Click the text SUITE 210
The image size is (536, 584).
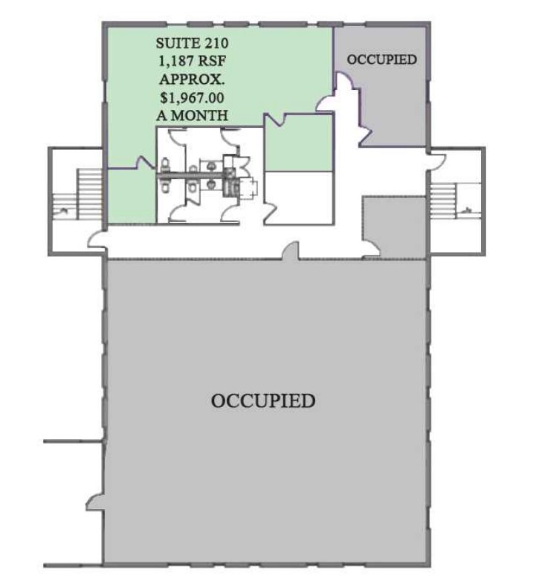coord(192,42)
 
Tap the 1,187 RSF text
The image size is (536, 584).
coord(192,61)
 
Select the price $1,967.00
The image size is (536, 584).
coord(192,97)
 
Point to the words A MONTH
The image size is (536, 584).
coord(192,115)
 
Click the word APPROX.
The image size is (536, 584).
coord(192,79)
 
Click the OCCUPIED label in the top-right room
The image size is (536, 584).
coord(381,60)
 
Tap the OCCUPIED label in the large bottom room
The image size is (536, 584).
coord(263,402)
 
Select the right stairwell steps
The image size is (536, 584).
coord(442,195)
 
